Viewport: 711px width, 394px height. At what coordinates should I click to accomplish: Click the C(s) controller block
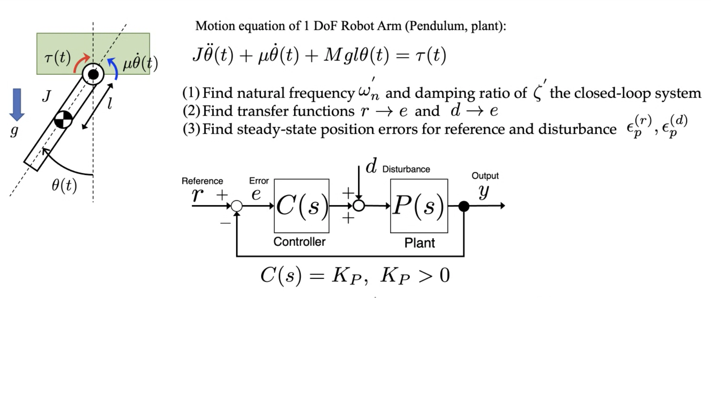pos(301,206)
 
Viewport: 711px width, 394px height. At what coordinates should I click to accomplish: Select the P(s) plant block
pos(419,206)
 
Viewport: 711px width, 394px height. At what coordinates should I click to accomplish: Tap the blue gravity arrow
pos(17,104)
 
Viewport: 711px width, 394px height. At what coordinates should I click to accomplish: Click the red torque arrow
pos(81,63)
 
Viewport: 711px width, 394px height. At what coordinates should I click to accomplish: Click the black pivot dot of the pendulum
pos(93,74)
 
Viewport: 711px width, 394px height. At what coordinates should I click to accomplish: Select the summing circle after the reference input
pos(236,206)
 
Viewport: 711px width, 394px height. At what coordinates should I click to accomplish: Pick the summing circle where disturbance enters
pos(359,206)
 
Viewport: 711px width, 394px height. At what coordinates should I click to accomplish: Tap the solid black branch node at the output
pos(464,206)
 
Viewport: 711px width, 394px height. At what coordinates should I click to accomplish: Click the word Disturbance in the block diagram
pos(406,169)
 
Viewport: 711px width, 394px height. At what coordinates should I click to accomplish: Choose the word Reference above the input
pos(202,181)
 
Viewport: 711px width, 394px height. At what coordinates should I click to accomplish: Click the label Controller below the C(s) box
pos(299,241)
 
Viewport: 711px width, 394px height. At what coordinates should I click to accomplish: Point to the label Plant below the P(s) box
pos(419,243)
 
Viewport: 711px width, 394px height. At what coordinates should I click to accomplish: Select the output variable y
pos(484,191)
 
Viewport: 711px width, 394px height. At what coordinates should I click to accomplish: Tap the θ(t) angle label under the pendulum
pos(64,185)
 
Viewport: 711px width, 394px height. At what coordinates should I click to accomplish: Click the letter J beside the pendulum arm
pos(46,96)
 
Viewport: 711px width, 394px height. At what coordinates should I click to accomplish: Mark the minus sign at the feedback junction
pos(225,223)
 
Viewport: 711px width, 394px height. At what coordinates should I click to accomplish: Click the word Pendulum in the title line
pos(435,26)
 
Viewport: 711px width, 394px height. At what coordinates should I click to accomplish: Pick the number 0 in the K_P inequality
pos(444,275)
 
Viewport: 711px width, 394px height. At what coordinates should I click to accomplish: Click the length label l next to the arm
pos(110,103)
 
